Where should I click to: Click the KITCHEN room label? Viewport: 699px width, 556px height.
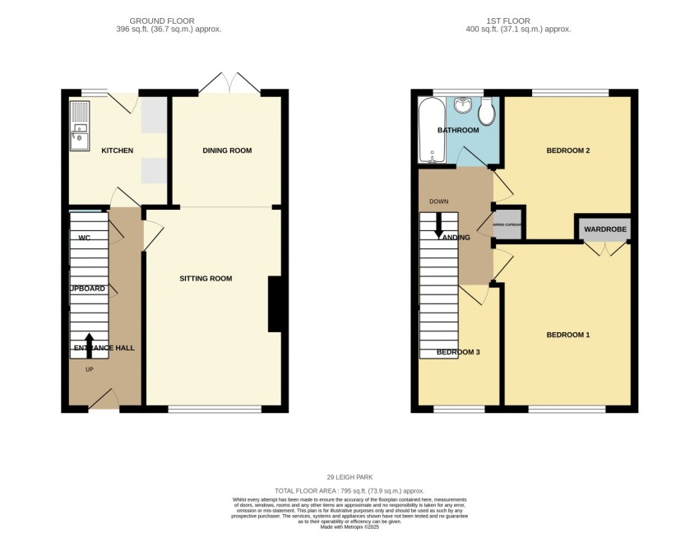(117, 151)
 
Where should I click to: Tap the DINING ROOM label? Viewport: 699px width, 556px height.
(227, 151)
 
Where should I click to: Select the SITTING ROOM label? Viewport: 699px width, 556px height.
(206, 279)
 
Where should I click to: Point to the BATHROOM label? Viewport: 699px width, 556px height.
(457, 131)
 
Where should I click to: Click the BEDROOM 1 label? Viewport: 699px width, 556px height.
(568, 335)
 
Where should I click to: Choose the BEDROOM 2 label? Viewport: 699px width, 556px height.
(568, 151)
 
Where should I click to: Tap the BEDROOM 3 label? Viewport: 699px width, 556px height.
(457, 352)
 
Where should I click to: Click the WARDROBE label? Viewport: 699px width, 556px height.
(605, 229)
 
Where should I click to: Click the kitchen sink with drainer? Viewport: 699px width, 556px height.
(80, 127)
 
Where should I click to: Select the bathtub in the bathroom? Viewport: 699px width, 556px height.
(429, 130)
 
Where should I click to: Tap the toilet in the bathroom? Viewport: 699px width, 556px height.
(486, 113)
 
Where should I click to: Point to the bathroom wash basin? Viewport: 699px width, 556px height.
(464, 104)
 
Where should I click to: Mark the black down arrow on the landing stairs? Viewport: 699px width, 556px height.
(438, 223)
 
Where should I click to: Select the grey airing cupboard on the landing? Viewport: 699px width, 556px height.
(507, 224)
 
